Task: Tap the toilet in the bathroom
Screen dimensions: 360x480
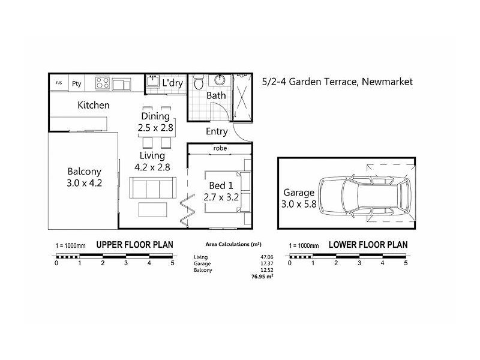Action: (199, 82)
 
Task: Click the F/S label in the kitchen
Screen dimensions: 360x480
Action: (59, 83)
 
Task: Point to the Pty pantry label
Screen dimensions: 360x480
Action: (77, 83)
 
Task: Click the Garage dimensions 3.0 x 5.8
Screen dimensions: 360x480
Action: (299, 204)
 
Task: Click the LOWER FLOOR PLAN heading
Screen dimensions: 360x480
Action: (368, 245)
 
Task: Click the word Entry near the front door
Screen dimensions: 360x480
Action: (217, 131)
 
